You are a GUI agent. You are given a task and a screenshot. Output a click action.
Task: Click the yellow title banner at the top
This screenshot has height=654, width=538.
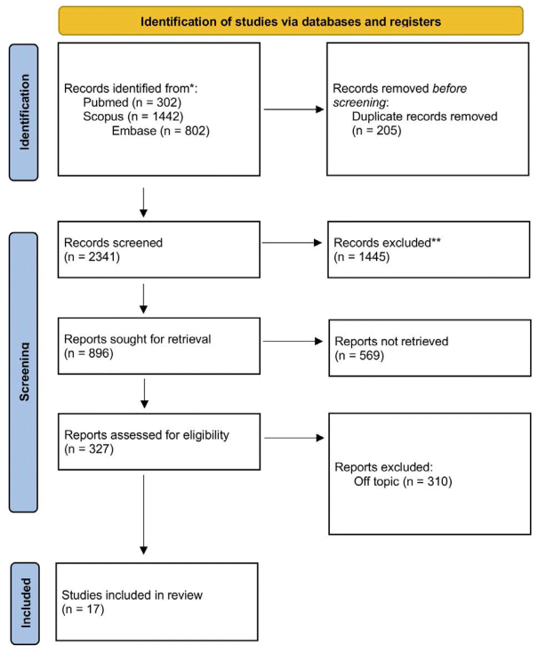pos(291,20)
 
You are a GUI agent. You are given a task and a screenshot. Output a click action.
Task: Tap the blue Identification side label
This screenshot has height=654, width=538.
pos(24,112)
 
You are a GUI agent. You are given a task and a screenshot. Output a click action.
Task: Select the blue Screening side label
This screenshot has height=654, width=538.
pos(23,372)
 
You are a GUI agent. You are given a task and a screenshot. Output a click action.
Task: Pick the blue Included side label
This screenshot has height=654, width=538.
pos(25,603)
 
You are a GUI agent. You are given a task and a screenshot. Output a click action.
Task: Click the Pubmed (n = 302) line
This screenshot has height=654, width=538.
pos(132,102)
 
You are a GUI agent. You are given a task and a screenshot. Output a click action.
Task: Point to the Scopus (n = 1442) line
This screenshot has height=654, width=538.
pos(132,117)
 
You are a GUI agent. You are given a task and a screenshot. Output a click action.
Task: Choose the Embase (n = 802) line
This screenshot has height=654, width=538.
pos(160,131)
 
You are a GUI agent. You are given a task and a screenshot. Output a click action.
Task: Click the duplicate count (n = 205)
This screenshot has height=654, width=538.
pos(377,131)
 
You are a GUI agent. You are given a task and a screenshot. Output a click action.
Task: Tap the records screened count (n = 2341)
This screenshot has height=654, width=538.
pos(92,257)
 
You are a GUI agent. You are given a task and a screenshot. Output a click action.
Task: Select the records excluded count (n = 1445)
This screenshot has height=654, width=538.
pos(362,257)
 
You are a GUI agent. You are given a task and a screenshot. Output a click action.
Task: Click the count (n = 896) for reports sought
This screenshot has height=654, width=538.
pos(89,354)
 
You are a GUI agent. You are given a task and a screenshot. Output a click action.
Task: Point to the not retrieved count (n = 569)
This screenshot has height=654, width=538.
pos(359,356)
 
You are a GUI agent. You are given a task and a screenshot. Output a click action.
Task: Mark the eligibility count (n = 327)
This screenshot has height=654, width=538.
pos(89,449)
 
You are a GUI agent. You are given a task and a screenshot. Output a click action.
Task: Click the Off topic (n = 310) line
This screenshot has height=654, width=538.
pos(403,481)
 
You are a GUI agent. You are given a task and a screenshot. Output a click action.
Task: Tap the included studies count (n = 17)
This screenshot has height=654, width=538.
pos(83,610)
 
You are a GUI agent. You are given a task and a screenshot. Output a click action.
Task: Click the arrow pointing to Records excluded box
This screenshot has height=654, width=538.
pos(292,243)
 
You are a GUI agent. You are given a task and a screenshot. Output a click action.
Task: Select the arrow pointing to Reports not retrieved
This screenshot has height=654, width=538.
pos(293,341)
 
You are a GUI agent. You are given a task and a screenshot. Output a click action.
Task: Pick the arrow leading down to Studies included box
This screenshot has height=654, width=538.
pos(143,514)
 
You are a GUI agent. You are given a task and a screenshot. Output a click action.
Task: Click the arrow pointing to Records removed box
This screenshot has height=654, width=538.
pos(294,109)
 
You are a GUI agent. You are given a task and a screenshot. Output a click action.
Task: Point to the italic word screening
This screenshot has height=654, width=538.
pos(359,102)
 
